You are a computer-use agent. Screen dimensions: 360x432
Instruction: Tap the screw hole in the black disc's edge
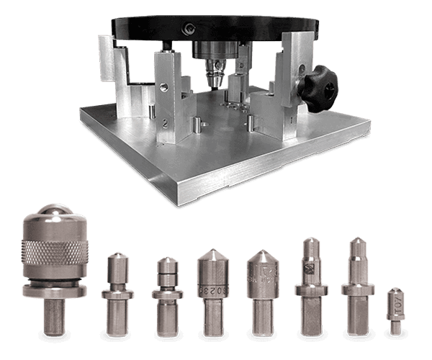[189, 28]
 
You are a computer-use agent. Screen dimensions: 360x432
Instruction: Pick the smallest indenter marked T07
[394, 310]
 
